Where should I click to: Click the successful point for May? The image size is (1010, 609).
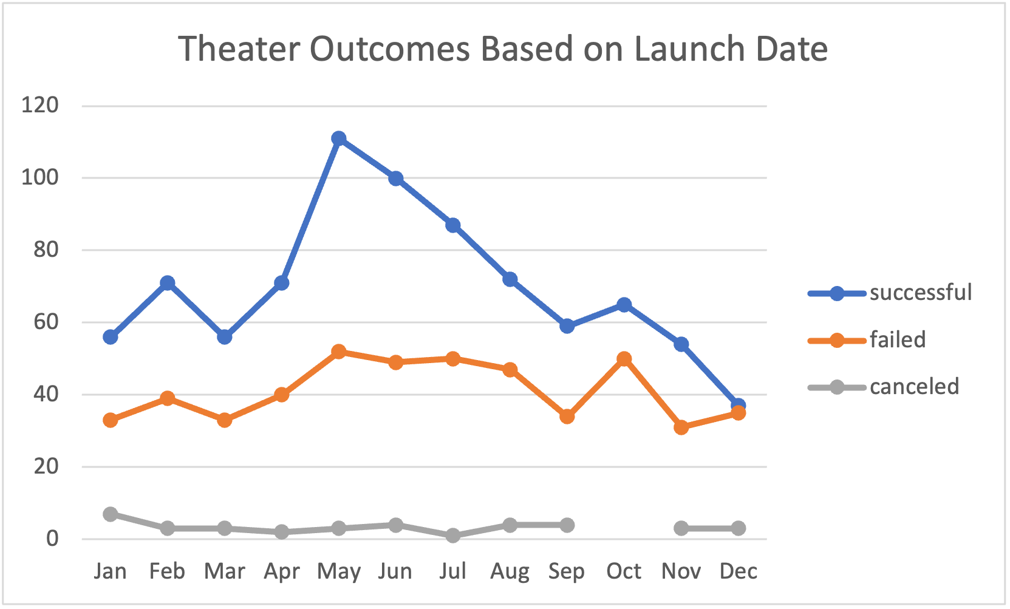(339, 138)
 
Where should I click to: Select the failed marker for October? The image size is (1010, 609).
(624, 359)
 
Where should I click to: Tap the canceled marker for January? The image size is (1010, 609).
(110, 514)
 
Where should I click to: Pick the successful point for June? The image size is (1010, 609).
(396, 179)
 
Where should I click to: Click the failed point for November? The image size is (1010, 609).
(681, 427)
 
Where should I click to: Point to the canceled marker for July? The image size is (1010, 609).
(452, 536)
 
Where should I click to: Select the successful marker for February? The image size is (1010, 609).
(167, 283)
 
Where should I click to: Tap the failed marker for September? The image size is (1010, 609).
(567, 417)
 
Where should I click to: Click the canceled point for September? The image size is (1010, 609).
(567, 525)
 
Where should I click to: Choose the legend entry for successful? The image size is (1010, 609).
(920, 293)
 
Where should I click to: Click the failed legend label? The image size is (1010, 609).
(897, 340)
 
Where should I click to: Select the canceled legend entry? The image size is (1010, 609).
(913, 387)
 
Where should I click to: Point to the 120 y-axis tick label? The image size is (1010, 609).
(39, 105)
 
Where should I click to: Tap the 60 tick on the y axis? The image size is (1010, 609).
(46, 322)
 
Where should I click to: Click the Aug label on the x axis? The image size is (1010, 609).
(510, 571)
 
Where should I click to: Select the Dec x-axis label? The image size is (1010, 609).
(738, 571)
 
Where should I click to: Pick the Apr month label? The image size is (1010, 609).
(281, 571)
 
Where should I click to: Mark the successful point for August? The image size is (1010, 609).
(510, 279)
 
